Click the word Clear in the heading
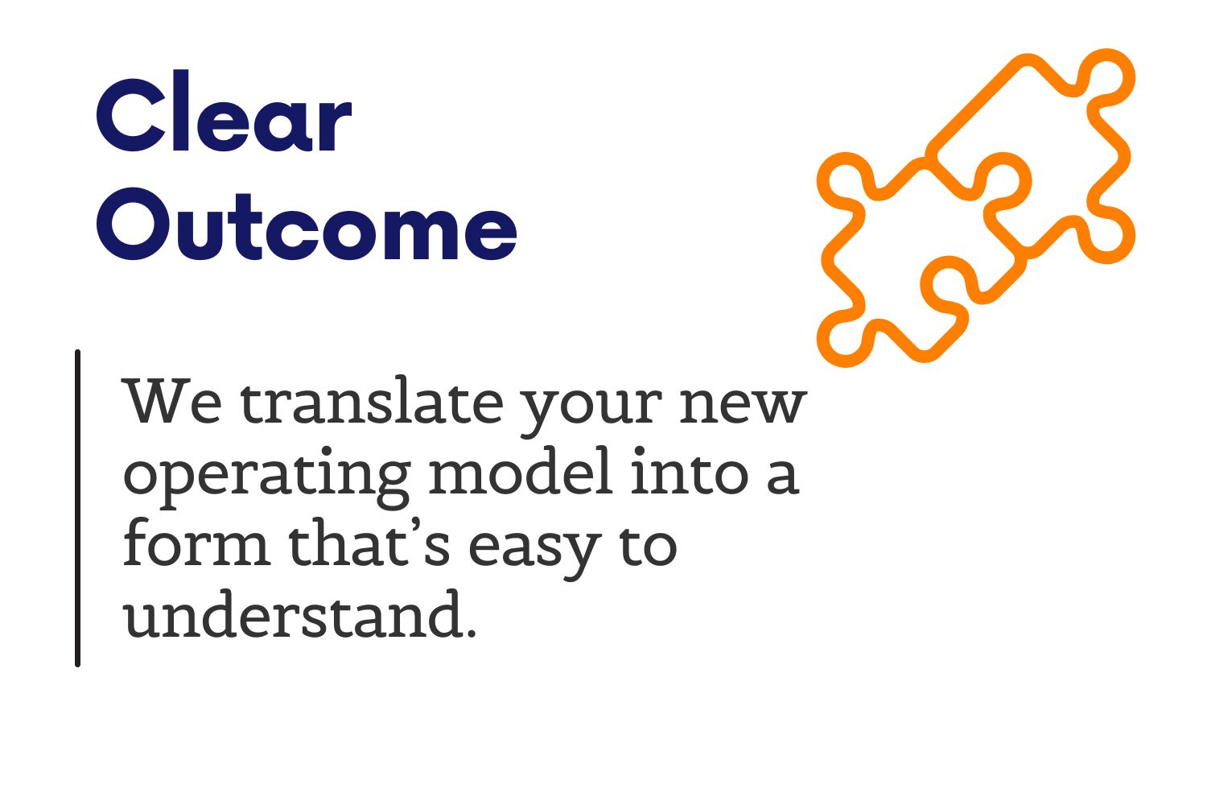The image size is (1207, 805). [224, 111]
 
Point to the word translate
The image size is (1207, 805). [372, 400]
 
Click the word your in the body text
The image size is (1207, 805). [591, 411]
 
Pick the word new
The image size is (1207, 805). [743, 406]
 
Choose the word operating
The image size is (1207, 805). [267, 477]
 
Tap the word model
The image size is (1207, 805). [521, 471]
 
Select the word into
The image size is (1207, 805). [689, 471]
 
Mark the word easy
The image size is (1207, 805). [535, 551]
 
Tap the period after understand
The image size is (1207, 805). [472, 633]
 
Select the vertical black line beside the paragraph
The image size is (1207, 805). [77, 509]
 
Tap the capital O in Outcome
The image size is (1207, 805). [134, 224]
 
